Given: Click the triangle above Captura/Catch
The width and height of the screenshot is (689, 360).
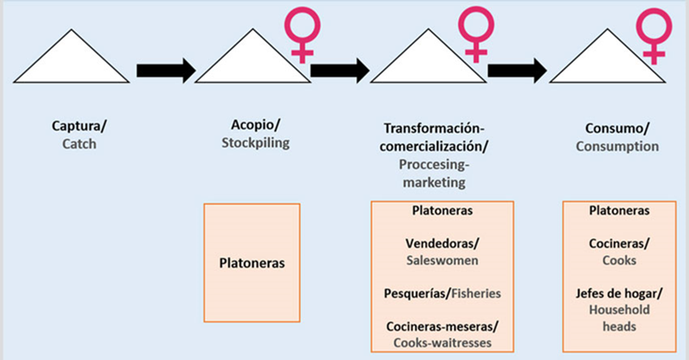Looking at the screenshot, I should (72, 60).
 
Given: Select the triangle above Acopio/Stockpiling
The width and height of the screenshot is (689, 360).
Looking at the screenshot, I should (252, 60).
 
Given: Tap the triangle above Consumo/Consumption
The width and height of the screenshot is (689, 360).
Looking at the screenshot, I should (606, 60).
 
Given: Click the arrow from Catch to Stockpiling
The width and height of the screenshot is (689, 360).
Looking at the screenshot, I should (165, 70).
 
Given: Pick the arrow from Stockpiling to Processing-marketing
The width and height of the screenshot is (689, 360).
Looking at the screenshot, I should (339, 70).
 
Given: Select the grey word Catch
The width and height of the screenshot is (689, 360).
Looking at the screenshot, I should (79, 145).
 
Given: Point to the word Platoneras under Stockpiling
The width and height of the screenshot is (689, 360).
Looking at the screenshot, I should (252, 262).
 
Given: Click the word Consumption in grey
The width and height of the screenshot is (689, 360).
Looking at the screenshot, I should (617, 146).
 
